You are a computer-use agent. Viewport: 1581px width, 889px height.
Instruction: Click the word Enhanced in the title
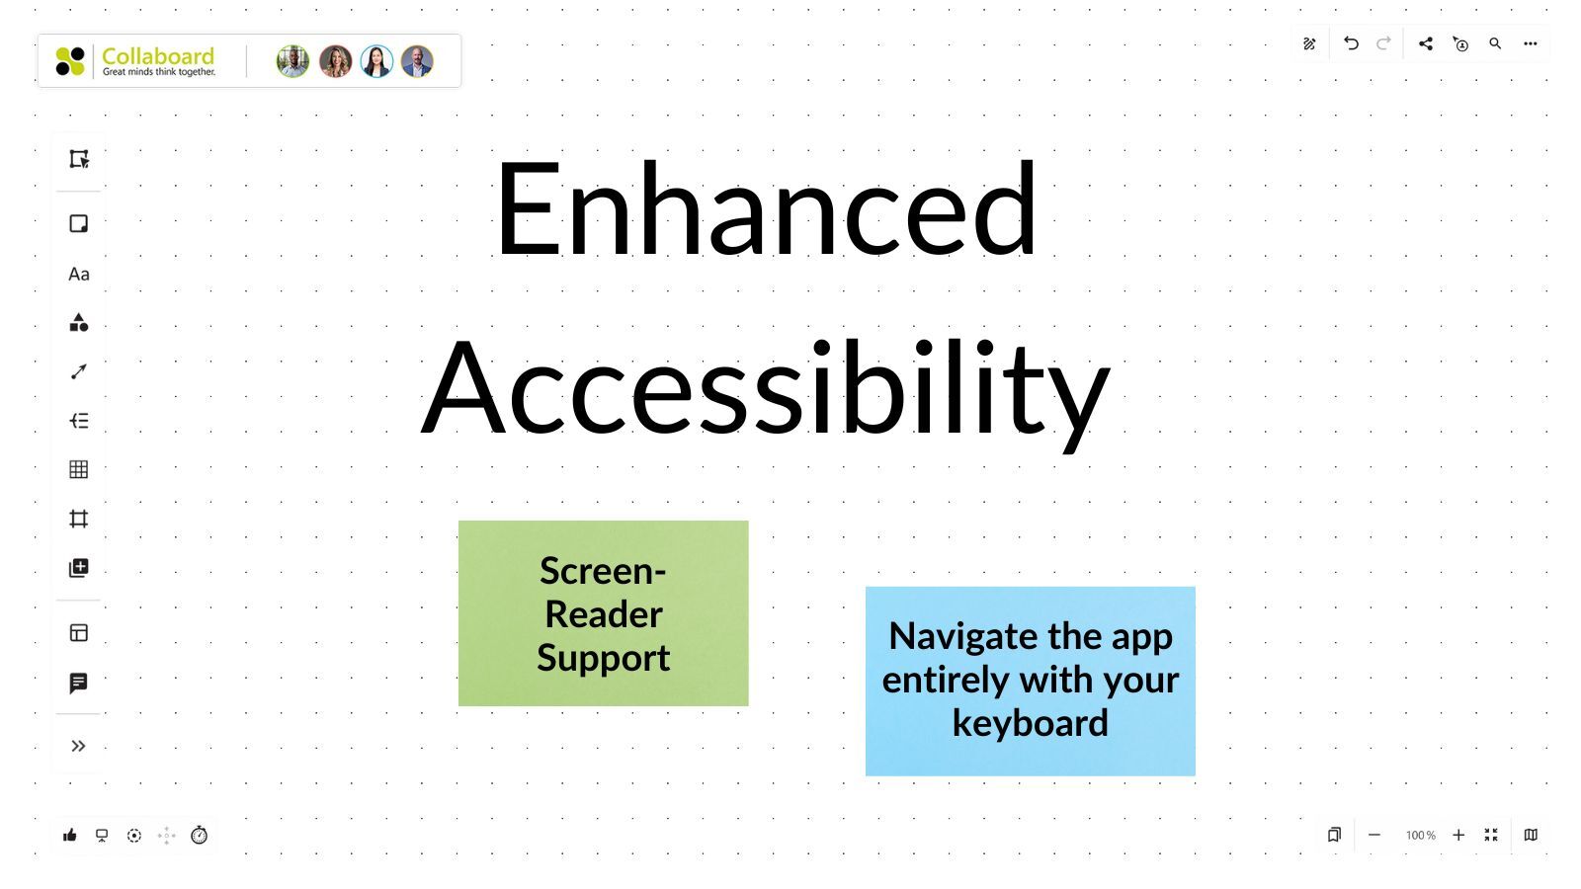[x=766, y=209]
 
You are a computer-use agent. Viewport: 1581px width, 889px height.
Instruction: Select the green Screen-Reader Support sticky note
[x=603, y=613]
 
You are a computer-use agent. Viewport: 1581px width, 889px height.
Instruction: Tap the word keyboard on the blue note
[x=1030, y=723]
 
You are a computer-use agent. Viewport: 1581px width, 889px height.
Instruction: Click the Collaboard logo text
[x=157, y=56]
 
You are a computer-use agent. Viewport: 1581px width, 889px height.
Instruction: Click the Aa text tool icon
[x=79, y=275]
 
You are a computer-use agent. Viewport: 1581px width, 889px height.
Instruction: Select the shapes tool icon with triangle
[x=79, y=323]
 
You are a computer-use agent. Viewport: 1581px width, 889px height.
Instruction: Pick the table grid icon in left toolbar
[x=79, y=469]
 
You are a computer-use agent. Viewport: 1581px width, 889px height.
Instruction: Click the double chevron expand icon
[x=79, y=746]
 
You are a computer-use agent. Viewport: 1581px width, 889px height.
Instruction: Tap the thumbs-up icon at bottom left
[x=70, y=836]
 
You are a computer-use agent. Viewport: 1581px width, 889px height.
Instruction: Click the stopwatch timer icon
[x=199, y=836]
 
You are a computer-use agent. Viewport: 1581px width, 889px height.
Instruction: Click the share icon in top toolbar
[x=1425, y=43]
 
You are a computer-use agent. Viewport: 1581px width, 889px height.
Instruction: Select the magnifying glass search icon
[x=1495, y=43]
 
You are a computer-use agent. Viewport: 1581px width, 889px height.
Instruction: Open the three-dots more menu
[x=1530, y=43]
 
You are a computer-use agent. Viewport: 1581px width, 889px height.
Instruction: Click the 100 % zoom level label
[x=1420, y=836]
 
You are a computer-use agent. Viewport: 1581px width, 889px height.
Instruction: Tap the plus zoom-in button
[x=1458, y=836]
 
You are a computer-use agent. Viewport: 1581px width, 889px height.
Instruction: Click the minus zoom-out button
[x=1373, y=836]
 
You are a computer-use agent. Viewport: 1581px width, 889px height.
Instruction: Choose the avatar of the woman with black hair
[x=376, y=61]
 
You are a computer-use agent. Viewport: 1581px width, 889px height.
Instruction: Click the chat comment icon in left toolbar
[x=79, y=683]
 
